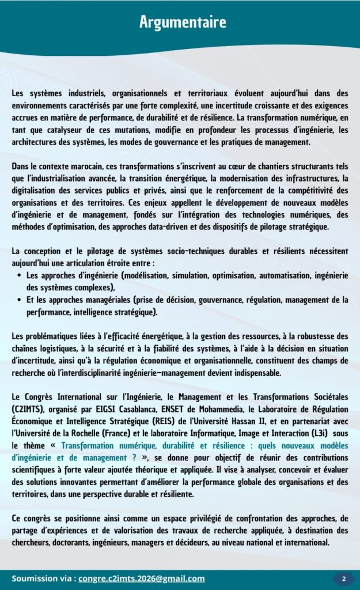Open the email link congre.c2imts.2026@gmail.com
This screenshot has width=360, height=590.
coord(142,578)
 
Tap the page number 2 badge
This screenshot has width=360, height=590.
coord(344,578)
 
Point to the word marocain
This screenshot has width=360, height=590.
coord(77,167)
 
